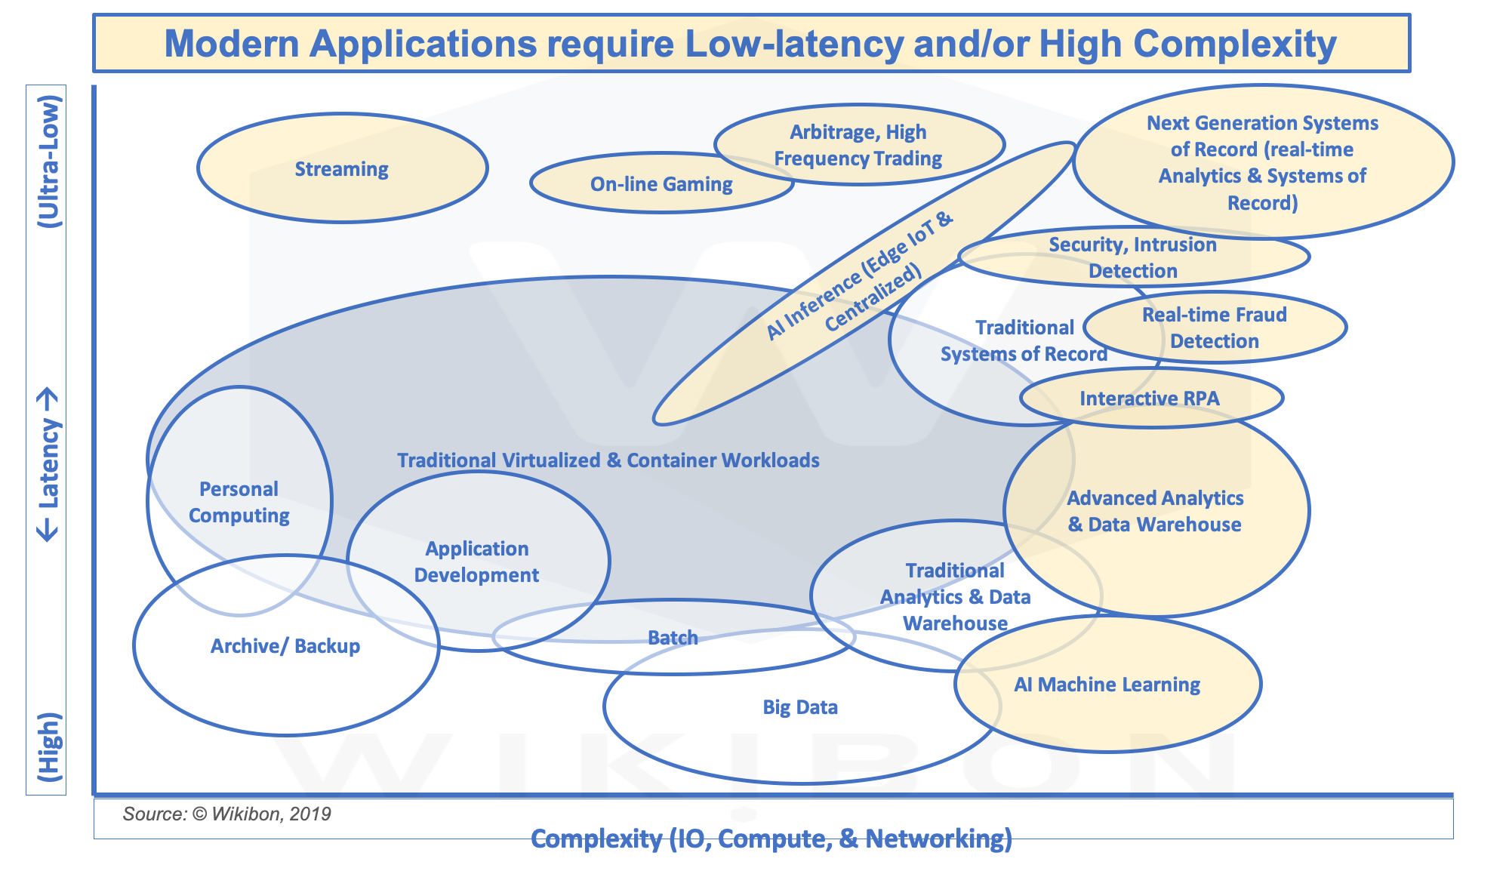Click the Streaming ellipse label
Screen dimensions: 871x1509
(x=341, y=169)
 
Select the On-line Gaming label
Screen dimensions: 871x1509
(x=661, y=184)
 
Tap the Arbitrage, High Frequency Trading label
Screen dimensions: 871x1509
(x=858, y=145)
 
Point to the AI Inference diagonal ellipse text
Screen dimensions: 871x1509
(x=861, y=280)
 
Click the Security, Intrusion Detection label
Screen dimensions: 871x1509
(x=1132, y=257)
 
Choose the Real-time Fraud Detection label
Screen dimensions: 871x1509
(x=1214, y=328)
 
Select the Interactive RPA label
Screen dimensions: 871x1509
(x=1149, y=399)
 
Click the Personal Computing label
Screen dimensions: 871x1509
(x=239, y=502)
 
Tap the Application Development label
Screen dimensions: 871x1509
(x=476, y=562)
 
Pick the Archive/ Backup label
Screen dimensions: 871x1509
(x=285, y=646)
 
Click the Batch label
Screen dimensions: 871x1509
(x=673, y=638)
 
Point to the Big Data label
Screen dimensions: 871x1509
(x=800, y=707)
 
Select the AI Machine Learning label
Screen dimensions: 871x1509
(x=1107, y=685)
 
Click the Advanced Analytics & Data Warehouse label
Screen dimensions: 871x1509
(x=1155, y=511)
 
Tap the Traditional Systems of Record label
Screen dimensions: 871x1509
(x=1024, y=340)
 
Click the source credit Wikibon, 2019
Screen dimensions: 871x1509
(x=226, y=814)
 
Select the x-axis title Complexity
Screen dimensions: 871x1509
(x=771, y=838)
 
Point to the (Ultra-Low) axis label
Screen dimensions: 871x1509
(x=48, y=162)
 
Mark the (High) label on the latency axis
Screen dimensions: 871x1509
(x=48, y=746)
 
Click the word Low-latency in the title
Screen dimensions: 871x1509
(x=793, y=44)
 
